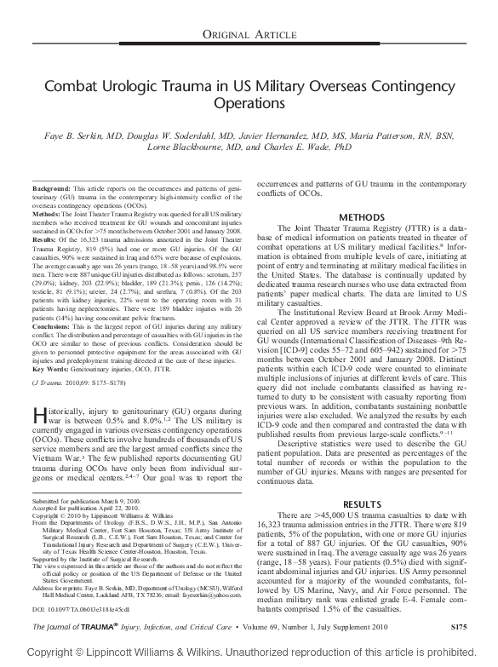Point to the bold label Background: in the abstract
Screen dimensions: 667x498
pos(52,187)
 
